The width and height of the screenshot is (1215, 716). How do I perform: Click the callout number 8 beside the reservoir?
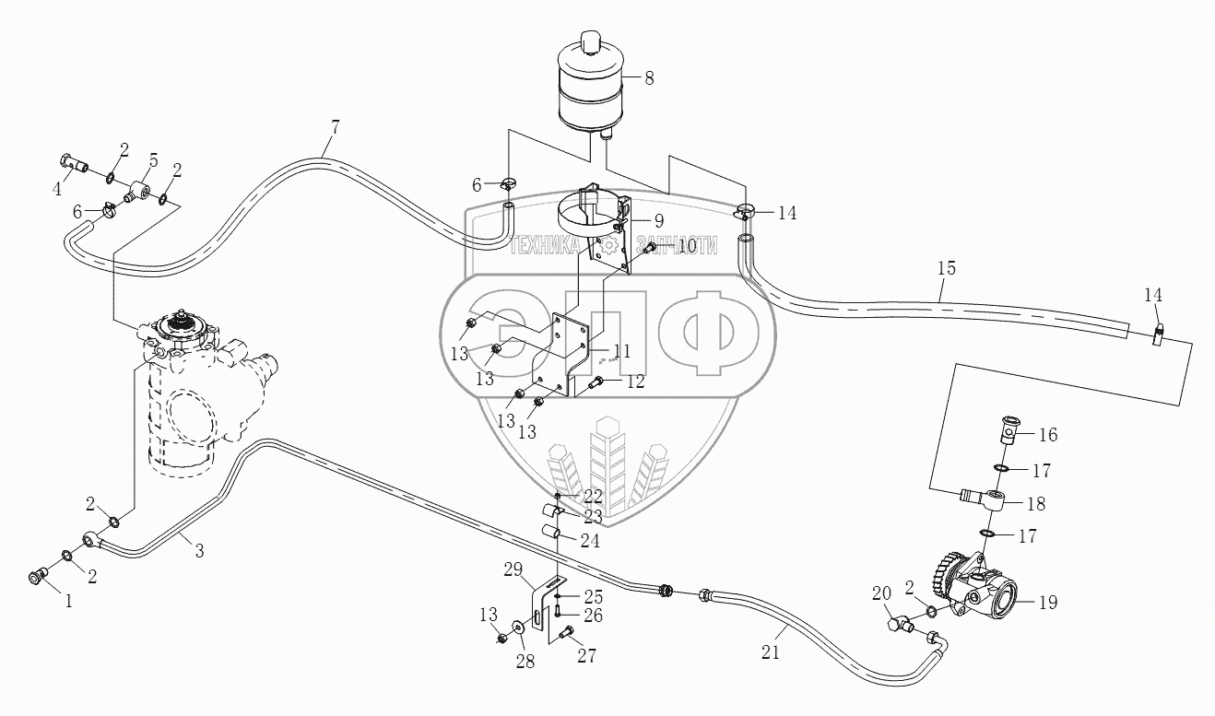click(x=649, y=78)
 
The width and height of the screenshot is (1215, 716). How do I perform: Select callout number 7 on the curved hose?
click(x=335, y=128)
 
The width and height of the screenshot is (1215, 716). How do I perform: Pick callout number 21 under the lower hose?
click(x=771, y=652)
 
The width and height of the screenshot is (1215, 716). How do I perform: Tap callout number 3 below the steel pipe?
click(x=198, y=550)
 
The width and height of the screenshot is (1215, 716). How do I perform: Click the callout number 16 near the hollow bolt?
click(x=1049, y=434)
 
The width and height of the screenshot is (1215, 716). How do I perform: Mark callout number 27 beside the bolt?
click(x=586, y=656)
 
